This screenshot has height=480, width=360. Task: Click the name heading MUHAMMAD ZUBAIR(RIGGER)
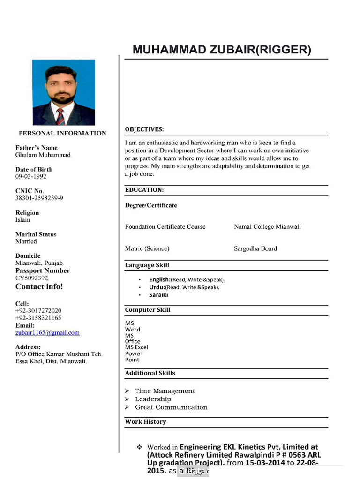(222, 50)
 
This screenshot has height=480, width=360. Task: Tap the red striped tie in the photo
(60, 116)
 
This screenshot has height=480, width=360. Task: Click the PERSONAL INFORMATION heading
(62, 133)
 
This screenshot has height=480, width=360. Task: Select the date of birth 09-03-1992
(31, 177)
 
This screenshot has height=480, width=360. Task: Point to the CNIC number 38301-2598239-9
(39, 198)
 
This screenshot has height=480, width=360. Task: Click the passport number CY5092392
(32, 278)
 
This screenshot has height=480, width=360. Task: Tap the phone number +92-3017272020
(38, 311)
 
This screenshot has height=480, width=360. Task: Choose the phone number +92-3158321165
(38, 318)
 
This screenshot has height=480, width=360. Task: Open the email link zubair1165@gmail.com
(47, 333)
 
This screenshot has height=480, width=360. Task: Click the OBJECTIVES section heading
(144, 129)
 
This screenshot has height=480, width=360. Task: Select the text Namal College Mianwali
(267, 227)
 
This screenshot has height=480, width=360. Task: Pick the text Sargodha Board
(255, 249)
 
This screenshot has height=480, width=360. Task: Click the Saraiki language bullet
(158, 295)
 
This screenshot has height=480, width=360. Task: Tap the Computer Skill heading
(148, 310)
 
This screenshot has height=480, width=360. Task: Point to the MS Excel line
(136, 347)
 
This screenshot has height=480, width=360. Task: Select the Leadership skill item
(153, 399)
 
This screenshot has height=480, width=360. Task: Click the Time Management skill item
(165, 391)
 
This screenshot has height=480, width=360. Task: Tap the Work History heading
(145, 422)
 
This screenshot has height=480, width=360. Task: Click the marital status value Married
(26, 241)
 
